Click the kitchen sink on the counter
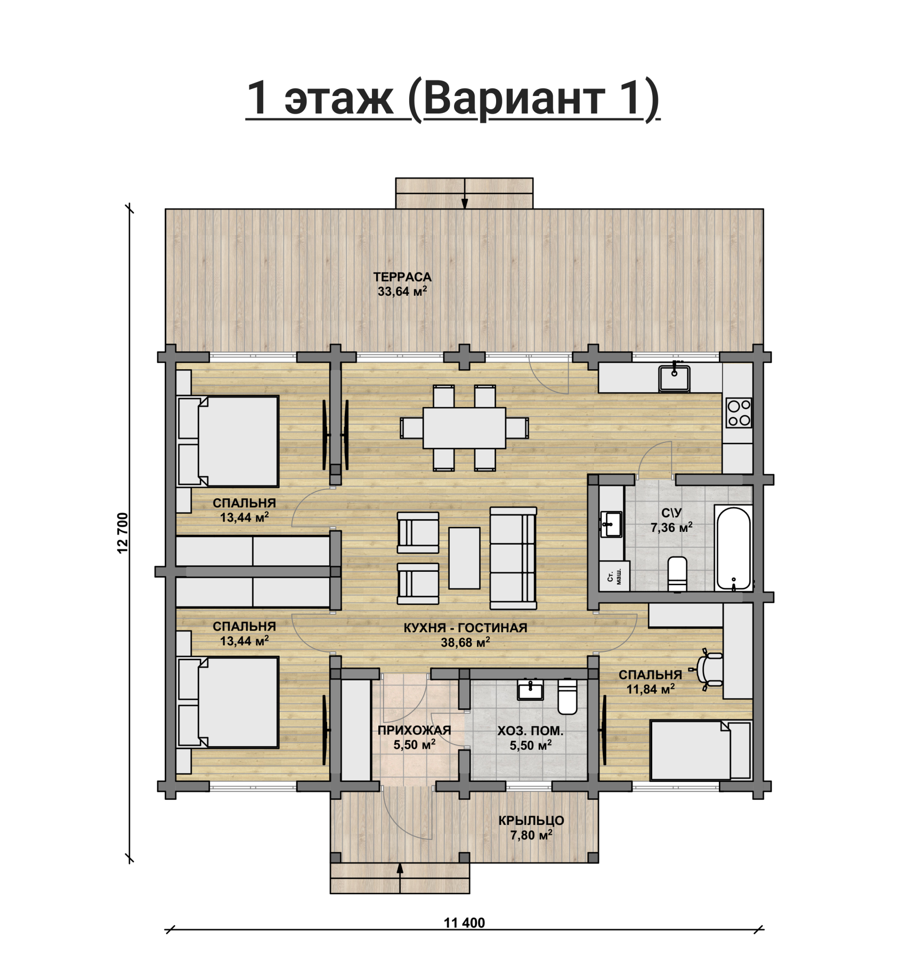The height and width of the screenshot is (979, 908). pos(674,377)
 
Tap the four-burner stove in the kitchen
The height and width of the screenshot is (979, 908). pos(739,413)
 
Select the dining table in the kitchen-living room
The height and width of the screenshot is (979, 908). pos(464,428)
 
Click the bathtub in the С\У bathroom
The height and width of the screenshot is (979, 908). pos(734,549)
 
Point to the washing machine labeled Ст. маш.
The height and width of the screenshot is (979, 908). pos(614,576)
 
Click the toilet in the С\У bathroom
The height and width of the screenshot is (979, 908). pos(677,574)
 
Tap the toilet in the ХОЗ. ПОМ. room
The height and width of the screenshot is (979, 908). pos(567,696)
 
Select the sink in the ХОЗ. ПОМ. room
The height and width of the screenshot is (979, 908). pos(531,690)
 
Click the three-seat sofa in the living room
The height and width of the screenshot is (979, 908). pos(513,558)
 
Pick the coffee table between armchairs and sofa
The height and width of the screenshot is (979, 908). pos(464,558)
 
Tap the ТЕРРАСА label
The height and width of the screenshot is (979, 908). pos(402,277)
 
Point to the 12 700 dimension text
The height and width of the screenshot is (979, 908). pos(123,533)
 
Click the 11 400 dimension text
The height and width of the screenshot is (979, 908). pos(465,923)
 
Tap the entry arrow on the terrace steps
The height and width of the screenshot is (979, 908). pos(465,193)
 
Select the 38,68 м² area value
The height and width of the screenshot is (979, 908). pos(465,643)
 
